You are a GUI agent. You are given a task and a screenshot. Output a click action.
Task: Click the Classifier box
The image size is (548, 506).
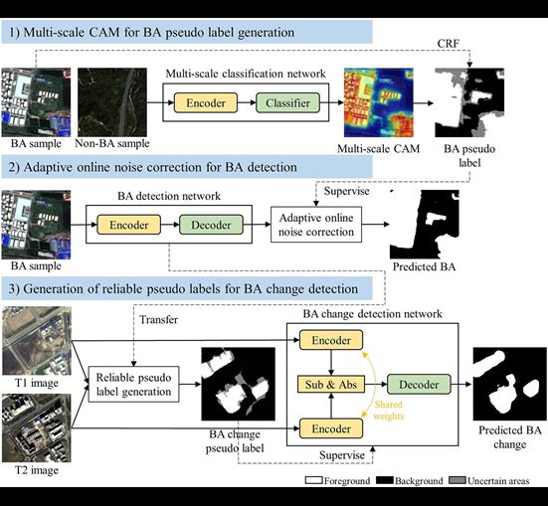pos(287,102)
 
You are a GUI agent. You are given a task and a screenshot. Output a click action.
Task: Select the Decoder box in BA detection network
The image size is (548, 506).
pos(211,225)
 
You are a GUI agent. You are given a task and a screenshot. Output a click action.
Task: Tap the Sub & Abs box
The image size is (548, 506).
pos(331,384)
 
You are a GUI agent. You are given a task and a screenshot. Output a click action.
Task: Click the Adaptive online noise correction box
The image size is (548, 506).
pos(316,225)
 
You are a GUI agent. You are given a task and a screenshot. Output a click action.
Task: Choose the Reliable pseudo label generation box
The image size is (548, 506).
pos(133,384)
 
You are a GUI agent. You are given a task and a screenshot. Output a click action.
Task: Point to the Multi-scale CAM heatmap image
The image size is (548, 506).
pos(379,102)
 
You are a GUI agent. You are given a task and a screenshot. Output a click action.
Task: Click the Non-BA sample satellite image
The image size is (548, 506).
pos(112,102)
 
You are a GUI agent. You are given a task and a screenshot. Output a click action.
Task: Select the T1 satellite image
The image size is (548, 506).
pos(37,341)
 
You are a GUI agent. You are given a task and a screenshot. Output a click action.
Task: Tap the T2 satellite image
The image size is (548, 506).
pos(37,427)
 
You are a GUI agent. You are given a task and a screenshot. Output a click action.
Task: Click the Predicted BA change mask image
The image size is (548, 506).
pos(509,384)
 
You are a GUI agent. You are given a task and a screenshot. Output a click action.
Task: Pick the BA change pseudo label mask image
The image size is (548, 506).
pos(238,384)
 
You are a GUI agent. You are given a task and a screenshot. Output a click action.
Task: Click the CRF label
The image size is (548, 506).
pos(448,44)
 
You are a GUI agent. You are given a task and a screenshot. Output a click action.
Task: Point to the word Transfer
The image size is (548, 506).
pos(159,320)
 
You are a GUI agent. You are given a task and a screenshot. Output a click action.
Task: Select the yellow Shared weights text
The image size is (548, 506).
pos(389,411)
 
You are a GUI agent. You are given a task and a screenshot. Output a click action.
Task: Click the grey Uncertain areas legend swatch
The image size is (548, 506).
pos(457,480)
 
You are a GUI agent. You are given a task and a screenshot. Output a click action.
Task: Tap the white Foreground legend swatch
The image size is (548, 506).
pos(313,480)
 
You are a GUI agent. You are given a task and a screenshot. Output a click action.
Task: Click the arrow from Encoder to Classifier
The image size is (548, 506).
pos(247,102)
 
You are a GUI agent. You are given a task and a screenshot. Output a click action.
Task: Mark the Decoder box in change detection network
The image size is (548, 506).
pos(419,384)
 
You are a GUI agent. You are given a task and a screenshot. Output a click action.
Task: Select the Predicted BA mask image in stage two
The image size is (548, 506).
pos(425,225)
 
